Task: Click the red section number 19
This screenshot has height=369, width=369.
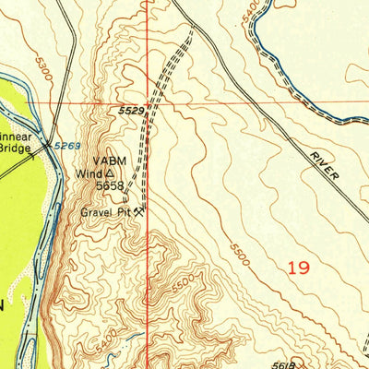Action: click(297, 268)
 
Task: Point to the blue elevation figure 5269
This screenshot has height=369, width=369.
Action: click(65, 145)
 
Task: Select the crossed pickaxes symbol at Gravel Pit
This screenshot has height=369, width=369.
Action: click(138, 211)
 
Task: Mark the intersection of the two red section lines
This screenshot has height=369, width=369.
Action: click(148, 103)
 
